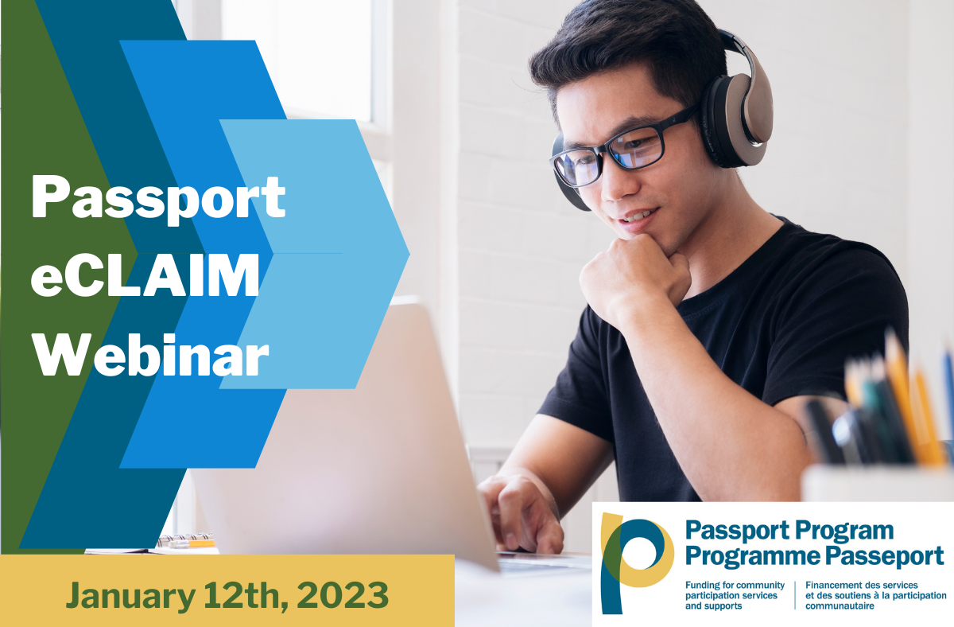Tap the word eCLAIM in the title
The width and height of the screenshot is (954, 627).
coord(145,276)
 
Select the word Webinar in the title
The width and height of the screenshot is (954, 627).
coord(150,355)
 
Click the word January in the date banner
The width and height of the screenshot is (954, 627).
coord(130,595)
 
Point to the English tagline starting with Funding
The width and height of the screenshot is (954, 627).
coord(735,595)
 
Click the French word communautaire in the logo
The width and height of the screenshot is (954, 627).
coord(840,606)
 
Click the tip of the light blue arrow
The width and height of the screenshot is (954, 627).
coord(409,254)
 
